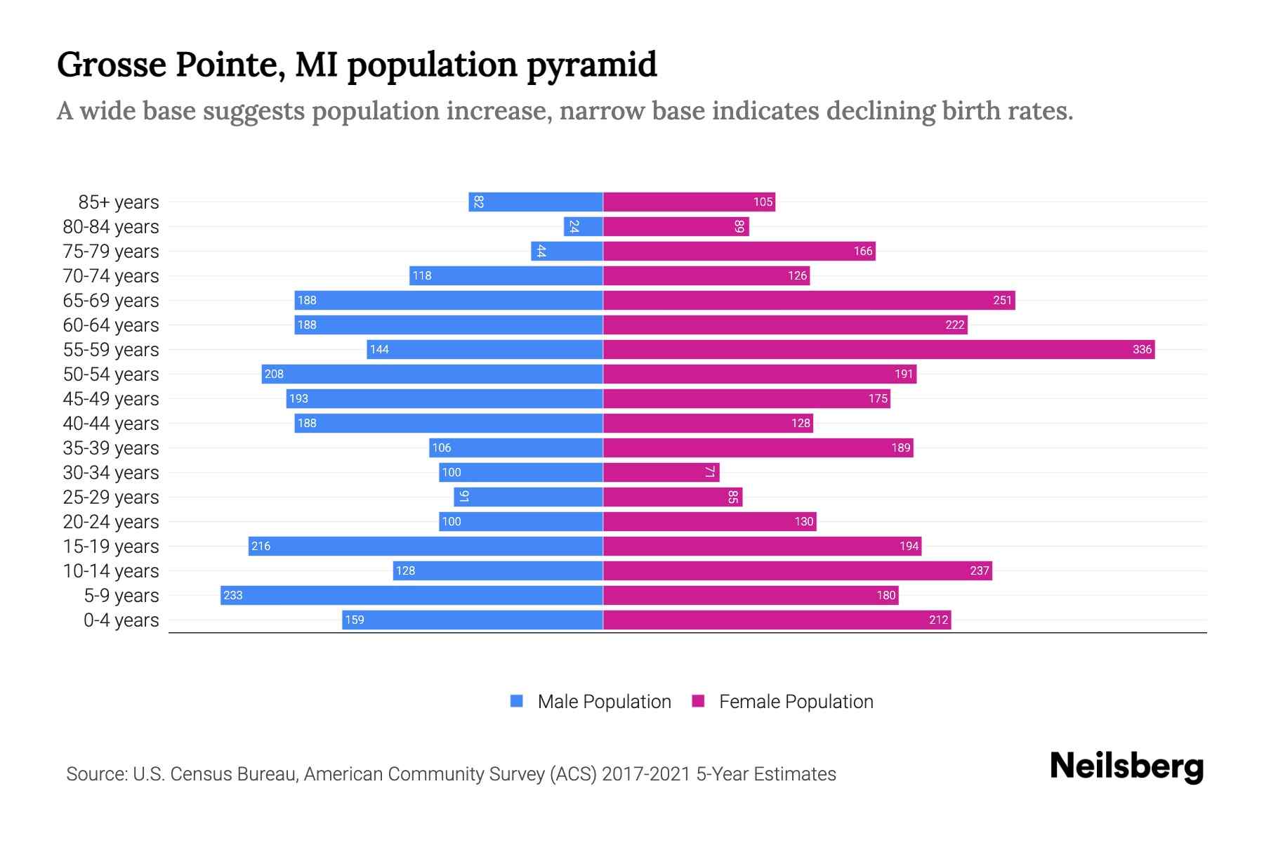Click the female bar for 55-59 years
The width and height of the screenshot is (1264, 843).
878,349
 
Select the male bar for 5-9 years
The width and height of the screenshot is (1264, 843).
412,595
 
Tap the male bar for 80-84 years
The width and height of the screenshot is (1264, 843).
584,226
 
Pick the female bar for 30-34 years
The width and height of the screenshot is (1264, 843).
661,472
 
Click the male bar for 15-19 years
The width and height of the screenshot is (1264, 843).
426,546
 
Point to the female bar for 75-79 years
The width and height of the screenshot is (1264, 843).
739,251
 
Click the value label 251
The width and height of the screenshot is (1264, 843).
1002,300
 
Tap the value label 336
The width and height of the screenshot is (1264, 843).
1142,349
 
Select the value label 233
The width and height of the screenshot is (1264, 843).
232,595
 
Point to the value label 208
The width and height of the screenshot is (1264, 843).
274,374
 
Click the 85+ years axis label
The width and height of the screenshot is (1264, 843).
118,202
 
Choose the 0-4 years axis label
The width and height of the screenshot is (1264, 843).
121,620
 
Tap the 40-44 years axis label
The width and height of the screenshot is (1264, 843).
111,424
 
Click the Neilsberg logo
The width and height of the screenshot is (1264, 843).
1126,766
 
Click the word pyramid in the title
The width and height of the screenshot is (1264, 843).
591,65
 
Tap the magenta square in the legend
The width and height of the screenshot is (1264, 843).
698,701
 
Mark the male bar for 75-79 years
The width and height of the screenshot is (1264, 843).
567,251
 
